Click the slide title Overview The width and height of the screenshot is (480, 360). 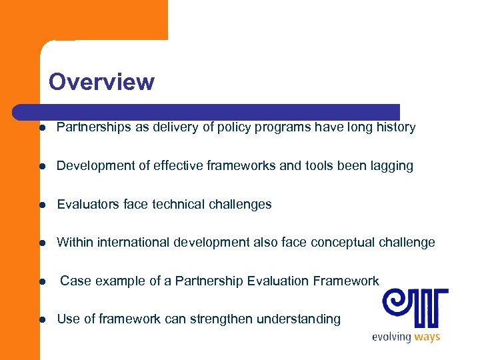tap(101, 82)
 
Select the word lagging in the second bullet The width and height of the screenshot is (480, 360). tap(392, 166)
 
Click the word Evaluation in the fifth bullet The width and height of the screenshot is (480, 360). tap(276, 281)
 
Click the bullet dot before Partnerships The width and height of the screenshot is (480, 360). tap(42, 128)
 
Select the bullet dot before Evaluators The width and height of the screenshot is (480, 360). tap(42, 205)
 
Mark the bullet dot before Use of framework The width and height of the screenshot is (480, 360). tap(42, 320)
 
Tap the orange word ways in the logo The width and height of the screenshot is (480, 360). tap(427, 337)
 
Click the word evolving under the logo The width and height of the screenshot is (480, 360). tap(391, 337)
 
